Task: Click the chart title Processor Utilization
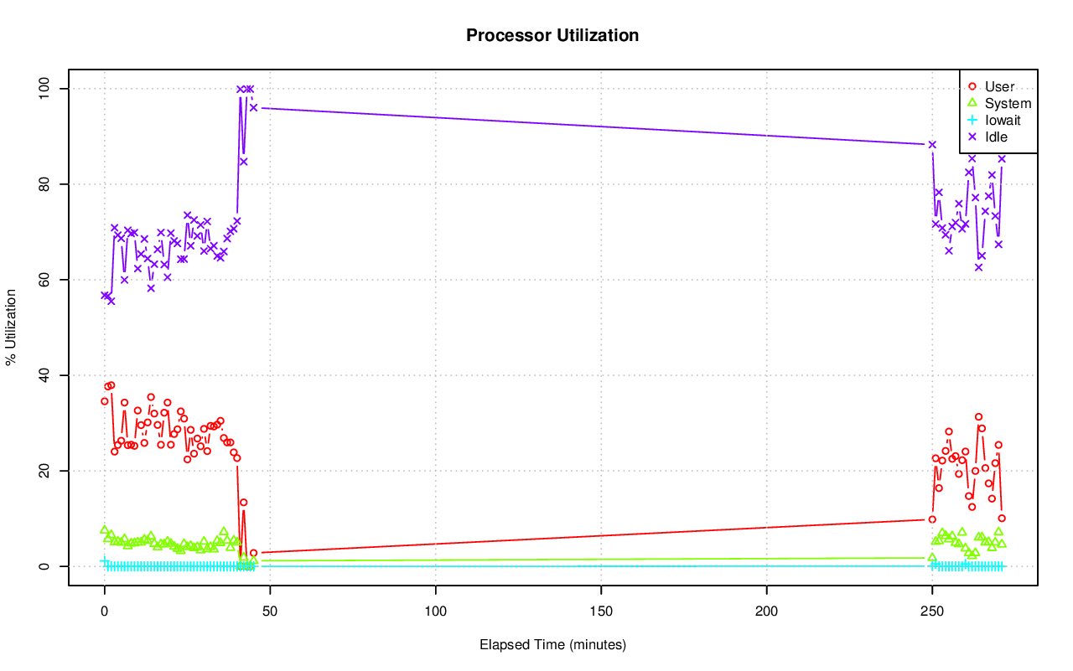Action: pos(552,35)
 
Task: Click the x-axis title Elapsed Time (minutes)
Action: pos(552,645)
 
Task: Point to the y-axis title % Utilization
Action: pos(11,327)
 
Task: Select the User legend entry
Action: pos(999,86)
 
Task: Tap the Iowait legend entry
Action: pos(1003,120)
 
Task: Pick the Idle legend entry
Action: pos(996,137)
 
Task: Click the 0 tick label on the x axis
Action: pos(104,611)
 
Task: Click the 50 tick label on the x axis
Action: pos(270,611)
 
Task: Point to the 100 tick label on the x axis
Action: pos(436,611)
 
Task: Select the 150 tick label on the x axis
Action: pos(601,611)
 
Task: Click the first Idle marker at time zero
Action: pos(104,295)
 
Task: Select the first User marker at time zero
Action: pos(104,401)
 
